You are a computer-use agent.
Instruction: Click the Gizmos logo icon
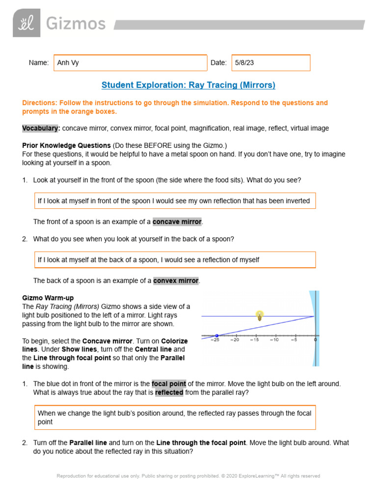27,23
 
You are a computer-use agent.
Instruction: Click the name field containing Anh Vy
130,63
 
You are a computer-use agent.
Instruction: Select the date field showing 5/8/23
270,63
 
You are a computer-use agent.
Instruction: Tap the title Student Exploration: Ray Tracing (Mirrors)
188,85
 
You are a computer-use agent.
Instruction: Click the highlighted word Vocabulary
41,128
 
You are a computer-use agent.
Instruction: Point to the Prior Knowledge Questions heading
66,145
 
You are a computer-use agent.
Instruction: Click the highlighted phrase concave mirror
177,222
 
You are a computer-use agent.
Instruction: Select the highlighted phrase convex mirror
176,281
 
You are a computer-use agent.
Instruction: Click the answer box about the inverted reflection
175,201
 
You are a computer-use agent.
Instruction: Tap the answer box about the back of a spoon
175,260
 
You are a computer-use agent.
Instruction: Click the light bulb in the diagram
260,316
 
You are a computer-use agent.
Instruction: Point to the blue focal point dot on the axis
216,335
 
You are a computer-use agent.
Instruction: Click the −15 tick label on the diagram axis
254,340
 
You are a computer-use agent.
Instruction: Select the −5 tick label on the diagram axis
294,340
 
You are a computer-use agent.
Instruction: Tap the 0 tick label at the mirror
315,340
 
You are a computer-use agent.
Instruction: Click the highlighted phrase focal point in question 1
169,384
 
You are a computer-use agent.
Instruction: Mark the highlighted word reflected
169,393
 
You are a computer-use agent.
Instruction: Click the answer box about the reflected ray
175,418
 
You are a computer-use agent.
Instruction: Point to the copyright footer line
188,476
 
